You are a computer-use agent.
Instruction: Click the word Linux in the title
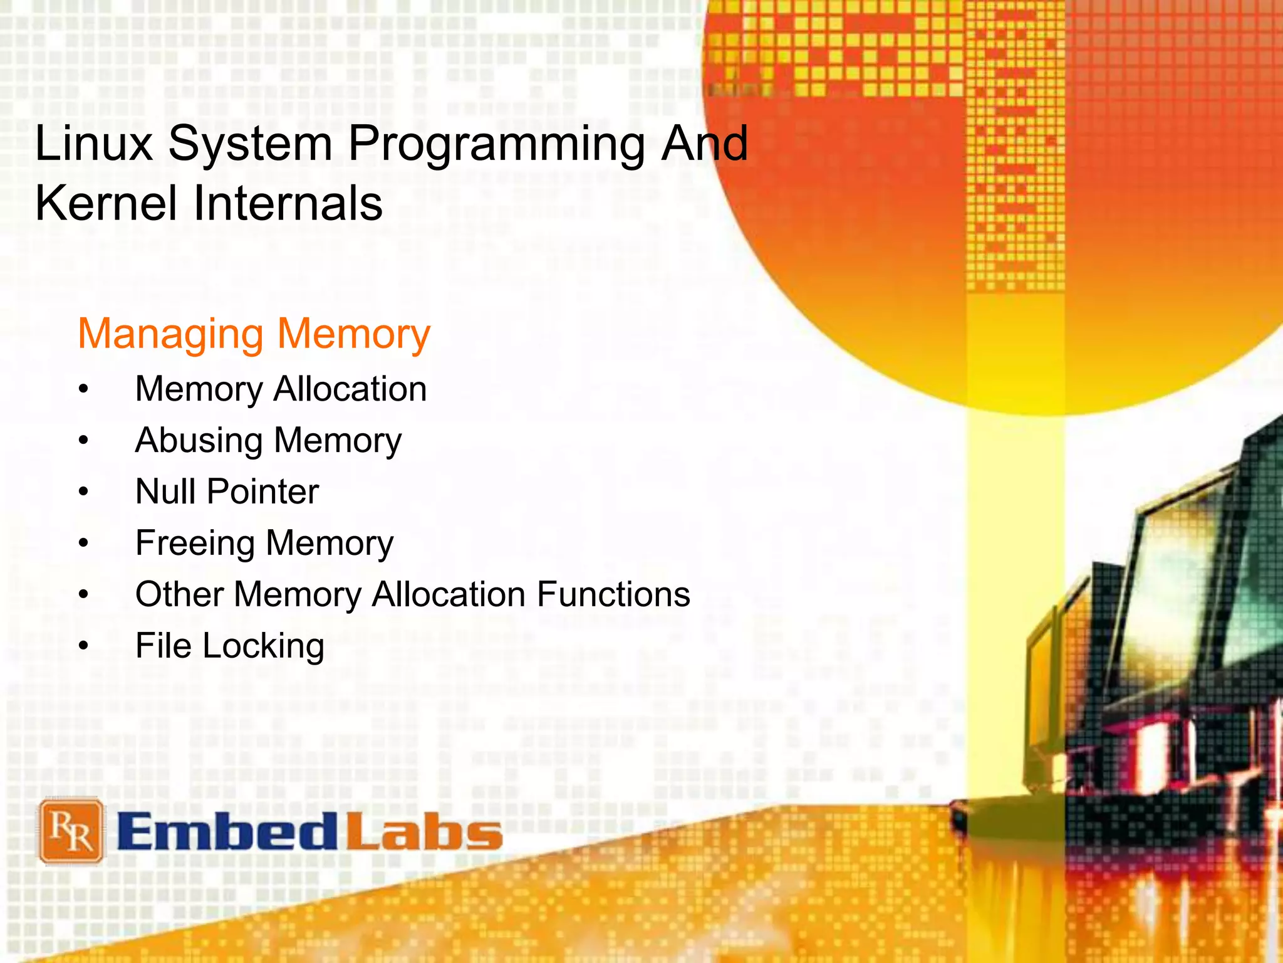94,144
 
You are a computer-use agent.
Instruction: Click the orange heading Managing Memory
254,334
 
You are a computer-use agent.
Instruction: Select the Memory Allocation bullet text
281,389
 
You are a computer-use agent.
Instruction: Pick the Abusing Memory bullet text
268,441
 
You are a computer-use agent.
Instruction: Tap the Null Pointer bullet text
227,492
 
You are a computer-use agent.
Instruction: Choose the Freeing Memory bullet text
264,544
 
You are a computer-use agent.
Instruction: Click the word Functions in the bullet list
613,594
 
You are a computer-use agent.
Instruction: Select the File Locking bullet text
230,646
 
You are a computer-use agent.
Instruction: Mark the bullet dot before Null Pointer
84,492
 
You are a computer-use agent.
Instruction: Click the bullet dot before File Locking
84,646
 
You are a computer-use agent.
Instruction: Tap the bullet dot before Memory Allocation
84,389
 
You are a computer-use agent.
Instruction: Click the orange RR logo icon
71,831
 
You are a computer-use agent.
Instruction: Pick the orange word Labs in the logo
424,832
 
